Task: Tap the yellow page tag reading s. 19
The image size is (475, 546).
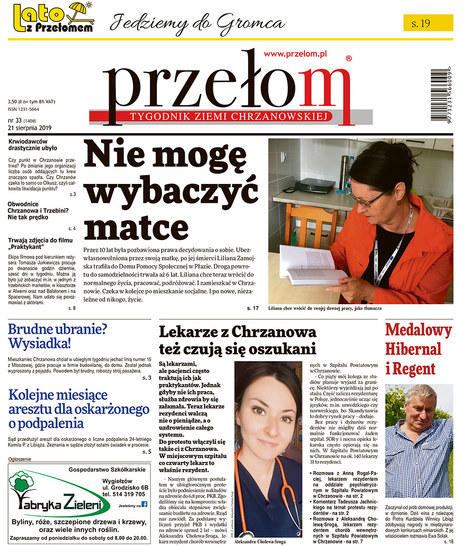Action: click(x=428, y=23)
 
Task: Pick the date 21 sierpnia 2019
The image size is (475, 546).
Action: click(x=30, y=127)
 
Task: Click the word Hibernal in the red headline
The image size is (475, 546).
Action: click(x=413, y=349)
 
